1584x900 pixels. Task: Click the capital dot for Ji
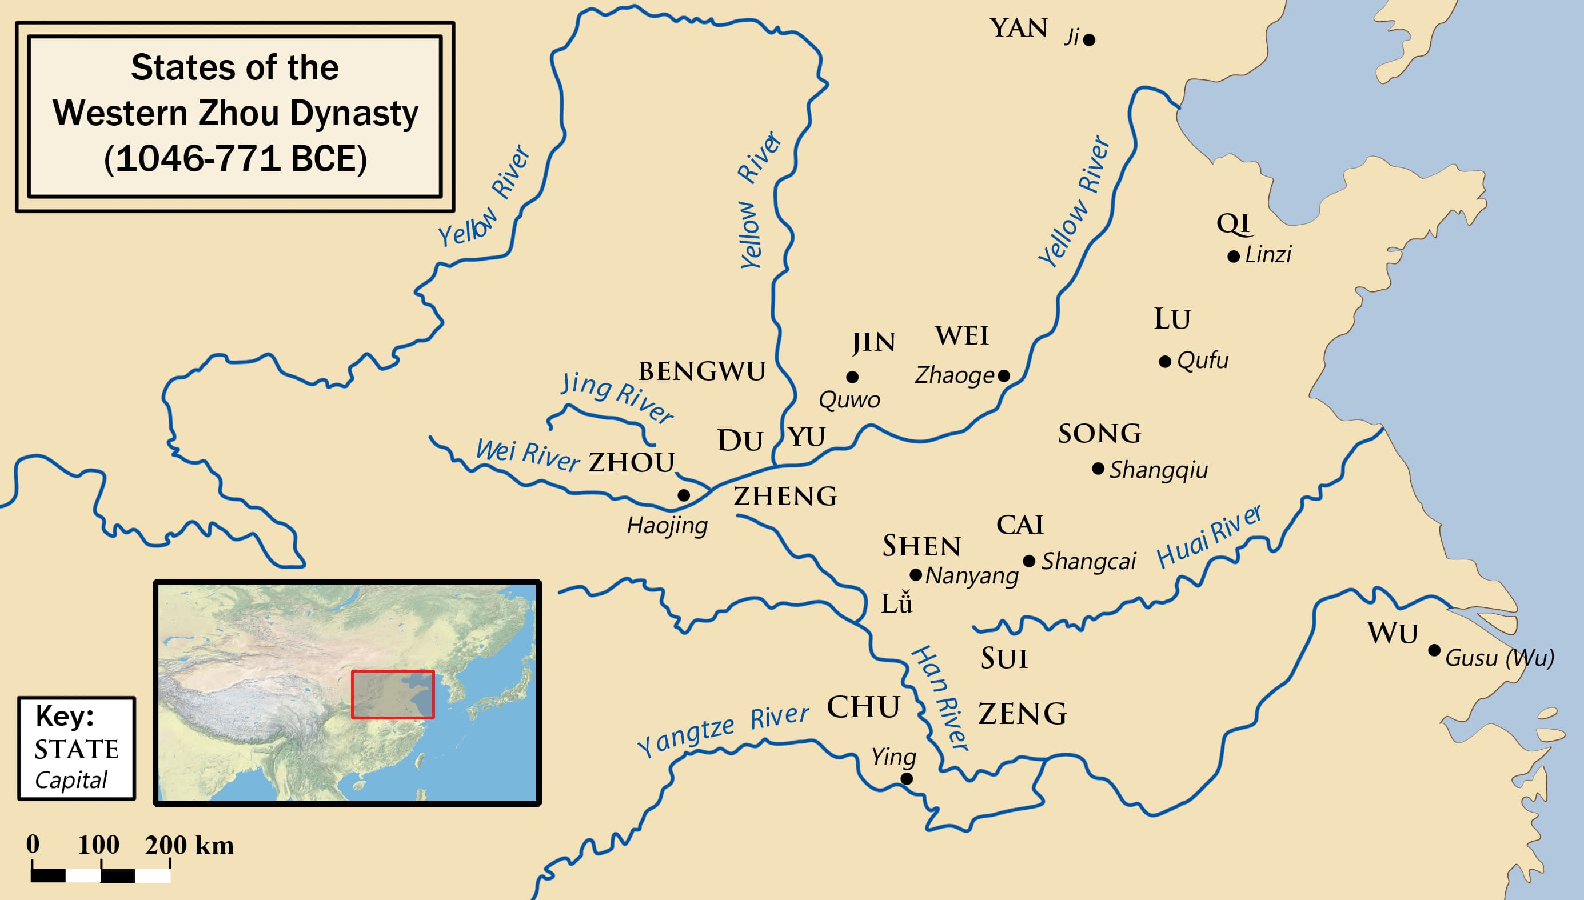point(1090,40)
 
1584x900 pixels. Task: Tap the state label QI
point(1234,223)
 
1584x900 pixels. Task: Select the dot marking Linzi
point(1234,257)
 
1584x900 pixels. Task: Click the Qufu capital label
point(1203,361)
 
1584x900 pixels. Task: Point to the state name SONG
point(1099,434)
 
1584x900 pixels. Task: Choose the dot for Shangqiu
point(1098,469)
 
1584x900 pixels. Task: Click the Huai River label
point(1208,537)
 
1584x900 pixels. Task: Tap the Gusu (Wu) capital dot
point(1434,650)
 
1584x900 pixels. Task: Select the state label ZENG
point(1023,714)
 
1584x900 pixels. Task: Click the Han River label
point(940,698)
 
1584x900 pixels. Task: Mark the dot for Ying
point(907,779)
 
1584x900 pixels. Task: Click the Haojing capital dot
point(684,495)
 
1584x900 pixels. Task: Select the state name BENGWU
point(702,372)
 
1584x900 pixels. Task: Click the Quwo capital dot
point(852,377)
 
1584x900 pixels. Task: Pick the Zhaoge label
point(954,375)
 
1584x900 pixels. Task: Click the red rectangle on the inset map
point(393,694)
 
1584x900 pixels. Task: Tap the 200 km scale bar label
point(189,846)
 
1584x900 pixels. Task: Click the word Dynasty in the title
point(354,114)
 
